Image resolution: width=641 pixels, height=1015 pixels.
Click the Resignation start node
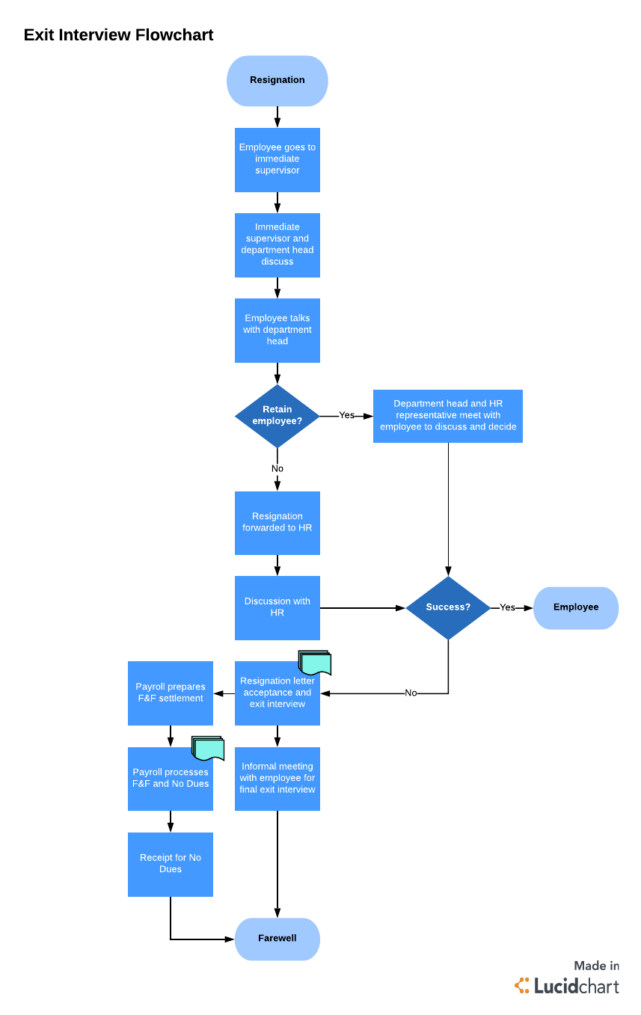tap(277, 81)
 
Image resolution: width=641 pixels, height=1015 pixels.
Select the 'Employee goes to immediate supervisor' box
tap(277, 159)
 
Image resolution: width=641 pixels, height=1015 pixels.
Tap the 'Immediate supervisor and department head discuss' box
tap(277, 245)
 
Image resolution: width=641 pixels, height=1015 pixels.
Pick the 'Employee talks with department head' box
tap(277, 330)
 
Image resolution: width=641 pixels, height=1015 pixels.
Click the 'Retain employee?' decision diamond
tap(277, 416)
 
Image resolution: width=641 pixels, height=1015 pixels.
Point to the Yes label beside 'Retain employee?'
tap(346, 415)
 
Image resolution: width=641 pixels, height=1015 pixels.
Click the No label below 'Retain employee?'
tap(277, 469)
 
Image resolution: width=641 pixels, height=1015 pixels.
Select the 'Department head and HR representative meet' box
tap(447, 416)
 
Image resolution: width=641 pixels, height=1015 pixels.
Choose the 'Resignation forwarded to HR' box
tap(277, 523)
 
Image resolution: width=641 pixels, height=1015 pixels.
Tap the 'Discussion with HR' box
tap(277, 607)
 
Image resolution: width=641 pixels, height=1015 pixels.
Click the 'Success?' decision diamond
tap(448, 607)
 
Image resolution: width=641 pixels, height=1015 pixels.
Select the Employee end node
tap(575, 607)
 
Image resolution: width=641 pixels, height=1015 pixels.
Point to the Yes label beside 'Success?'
tap(507, 607)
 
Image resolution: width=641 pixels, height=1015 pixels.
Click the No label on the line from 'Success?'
tap(411, 693)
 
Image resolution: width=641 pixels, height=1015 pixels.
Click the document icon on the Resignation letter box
tap(315, 663)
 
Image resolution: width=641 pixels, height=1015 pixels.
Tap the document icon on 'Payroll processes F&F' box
tap(208, 748)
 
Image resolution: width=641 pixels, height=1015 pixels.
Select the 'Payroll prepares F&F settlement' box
tap(171, 693)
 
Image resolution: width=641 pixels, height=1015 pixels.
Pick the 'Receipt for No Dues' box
tap(171, 864)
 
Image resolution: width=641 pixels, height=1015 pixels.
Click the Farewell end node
tap(277, 939)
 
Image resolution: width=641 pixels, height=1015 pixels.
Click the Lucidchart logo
tap(568, 986)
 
